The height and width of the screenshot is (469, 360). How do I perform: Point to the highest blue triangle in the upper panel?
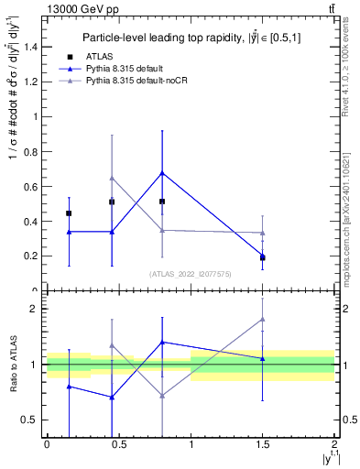coord(162,172)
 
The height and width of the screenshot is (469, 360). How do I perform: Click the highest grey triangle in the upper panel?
coord(112,178)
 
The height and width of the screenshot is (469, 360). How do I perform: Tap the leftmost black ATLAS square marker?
coord(69,213)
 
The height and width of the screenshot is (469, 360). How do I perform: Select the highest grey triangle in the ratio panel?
coord(263,320)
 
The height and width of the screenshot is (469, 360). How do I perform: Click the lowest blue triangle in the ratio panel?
coord(112,397)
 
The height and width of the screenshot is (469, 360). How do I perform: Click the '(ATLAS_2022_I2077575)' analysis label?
coord(191,274)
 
